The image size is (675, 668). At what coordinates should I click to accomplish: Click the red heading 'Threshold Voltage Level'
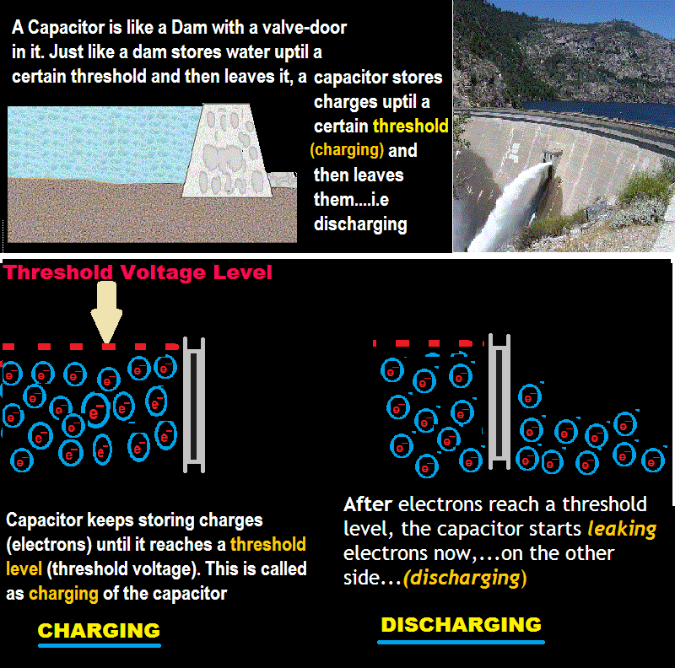tap(138, 272)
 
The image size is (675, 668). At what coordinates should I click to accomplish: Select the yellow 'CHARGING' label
tap(99, 630)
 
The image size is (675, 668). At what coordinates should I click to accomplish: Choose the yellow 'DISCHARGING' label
tap(461, 625)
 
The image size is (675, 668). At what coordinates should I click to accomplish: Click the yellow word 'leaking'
tap(623, 530)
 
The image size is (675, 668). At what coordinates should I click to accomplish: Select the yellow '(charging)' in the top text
tap(347, 151)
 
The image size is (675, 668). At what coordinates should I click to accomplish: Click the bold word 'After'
tap(368, 504)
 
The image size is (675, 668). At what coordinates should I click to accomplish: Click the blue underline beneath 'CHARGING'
tap(99, 646)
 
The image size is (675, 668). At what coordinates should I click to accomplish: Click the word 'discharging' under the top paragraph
tap(360, 224)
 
